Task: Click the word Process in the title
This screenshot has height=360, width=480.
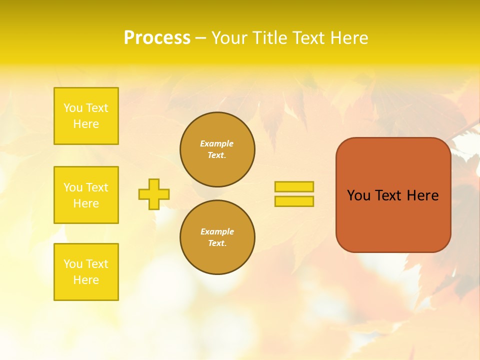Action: coord(157,38)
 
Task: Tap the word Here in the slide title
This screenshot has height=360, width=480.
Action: coord(348,38)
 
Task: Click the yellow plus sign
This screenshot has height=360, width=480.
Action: coord(154,194)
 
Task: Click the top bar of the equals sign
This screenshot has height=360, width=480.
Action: coord(294,186)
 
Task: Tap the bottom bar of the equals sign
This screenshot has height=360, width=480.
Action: coord(294,201)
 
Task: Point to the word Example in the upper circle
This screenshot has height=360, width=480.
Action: coord(217,143)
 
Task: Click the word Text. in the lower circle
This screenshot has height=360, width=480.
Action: coord(217,243)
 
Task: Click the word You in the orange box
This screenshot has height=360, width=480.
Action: coord(358,195)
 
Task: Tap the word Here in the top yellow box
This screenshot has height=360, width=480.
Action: coord(86,124)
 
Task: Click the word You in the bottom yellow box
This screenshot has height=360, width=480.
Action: coord(73,264)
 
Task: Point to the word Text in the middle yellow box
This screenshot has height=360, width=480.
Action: coord(97,187)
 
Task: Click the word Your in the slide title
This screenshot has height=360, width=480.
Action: coord(230,38)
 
